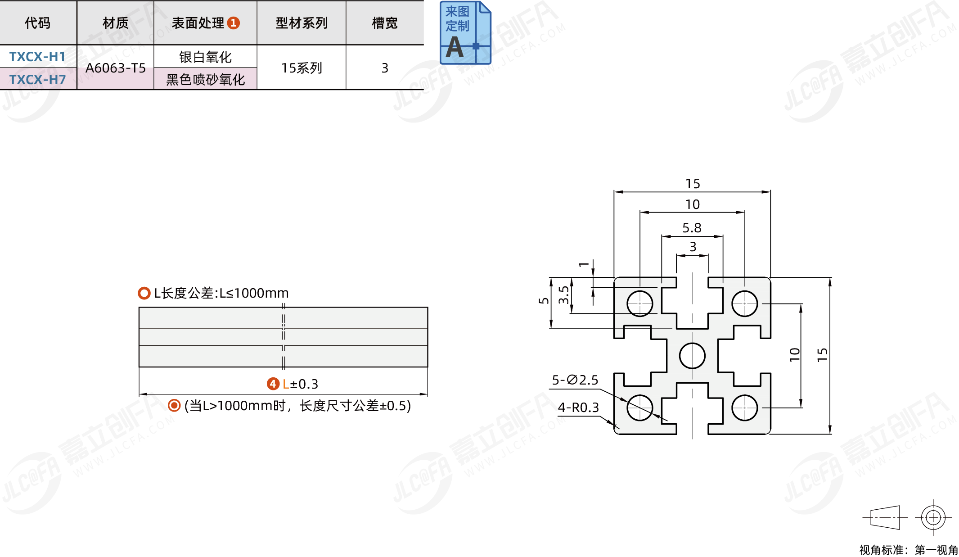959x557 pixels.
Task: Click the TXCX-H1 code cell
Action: click(38, 57)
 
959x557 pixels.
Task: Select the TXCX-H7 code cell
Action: click(38, 79)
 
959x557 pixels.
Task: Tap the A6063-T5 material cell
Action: click(116, 68)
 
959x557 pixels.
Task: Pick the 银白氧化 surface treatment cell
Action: click(205, 57)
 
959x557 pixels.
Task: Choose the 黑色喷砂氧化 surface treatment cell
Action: click(205, 79)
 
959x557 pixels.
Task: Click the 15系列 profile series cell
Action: click(302, 68)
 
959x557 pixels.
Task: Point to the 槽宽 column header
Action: click(385, 23)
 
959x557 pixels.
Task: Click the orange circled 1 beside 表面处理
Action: click(234, 23)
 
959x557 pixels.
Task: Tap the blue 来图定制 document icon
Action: click(465, 32)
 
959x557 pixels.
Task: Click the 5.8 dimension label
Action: click(692, 228)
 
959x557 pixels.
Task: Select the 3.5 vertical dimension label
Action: click(563, 295)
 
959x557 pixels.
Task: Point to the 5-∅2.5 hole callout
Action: click(575, 380)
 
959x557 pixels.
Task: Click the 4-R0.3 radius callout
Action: click(578, 408)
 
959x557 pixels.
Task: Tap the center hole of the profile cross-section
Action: click(692, 356)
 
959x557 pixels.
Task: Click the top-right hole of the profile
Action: click(744, 303)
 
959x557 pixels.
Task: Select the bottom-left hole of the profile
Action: click(639, 408)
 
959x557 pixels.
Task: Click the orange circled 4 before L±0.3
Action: click(273, 384)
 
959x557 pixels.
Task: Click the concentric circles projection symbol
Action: click(933, 517)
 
